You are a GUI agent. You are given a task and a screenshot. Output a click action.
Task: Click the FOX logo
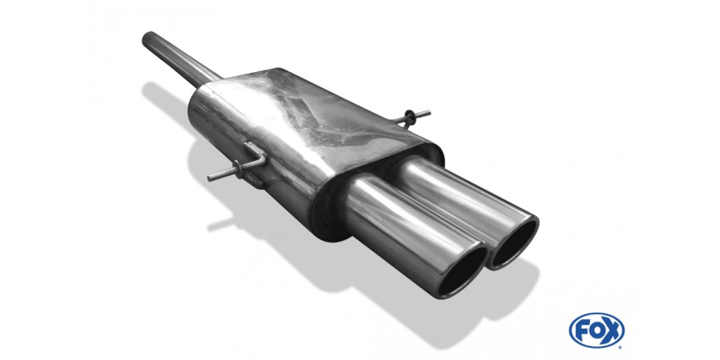(596, 331)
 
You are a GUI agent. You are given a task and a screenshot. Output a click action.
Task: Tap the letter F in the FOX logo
(583, 331)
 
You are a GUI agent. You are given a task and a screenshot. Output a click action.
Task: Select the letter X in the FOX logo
(612, 331)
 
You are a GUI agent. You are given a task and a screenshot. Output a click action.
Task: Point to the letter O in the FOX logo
(596, 331)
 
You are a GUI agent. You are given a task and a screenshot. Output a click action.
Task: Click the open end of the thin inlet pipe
(148, 38)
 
